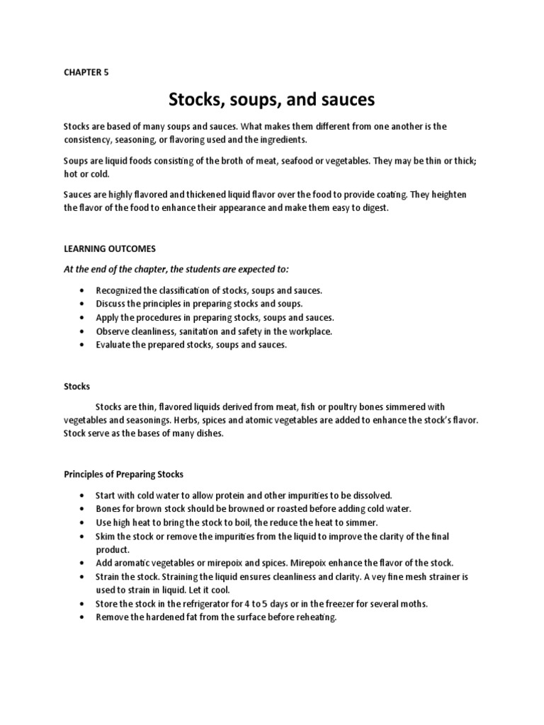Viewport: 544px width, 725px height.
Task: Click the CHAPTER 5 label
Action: (86, 72)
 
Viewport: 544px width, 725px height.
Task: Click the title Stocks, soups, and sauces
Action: (271, 100)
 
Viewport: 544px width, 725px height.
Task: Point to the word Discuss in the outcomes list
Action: (111, 304)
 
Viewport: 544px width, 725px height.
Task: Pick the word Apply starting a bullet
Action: (107, 317)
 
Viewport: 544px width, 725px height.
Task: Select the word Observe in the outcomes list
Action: (113, 331)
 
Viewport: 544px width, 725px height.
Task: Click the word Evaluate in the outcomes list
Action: (113, 344)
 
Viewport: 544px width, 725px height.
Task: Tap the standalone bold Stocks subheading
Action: (76, 386)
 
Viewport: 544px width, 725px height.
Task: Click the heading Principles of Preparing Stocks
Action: (123, 474)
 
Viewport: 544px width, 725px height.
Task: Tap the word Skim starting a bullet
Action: (106, 536)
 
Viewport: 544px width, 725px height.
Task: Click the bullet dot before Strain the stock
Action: (83, 576)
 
